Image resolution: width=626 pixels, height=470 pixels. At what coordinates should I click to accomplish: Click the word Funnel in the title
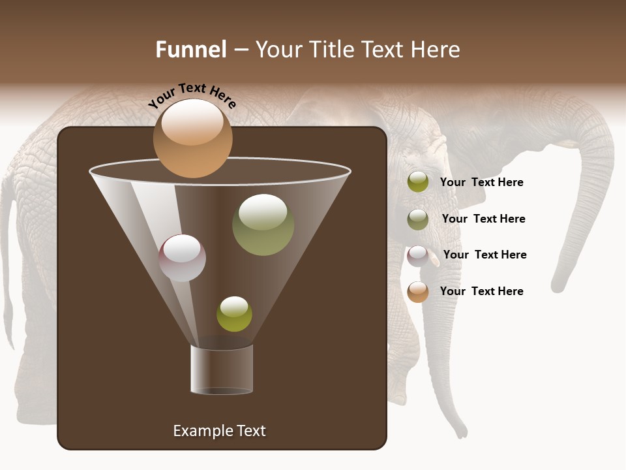click(190, 50)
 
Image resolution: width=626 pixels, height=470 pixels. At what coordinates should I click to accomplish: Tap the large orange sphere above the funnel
click(192, 138)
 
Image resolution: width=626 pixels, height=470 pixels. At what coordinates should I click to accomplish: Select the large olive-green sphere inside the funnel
click(263, 225)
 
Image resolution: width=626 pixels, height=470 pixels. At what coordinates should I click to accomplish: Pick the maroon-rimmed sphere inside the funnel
click(182, 258)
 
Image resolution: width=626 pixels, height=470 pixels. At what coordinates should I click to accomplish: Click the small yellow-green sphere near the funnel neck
click(234, 314)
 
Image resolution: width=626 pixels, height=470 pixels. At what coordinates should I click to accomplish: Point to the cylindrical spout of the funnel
click(222, 369)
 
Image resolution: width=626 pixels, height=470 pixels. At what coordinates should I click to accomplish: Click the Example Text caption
click(220, 431)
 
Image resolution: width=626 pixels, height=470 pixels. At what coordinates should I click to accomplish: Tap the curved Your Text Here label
click(192, 95)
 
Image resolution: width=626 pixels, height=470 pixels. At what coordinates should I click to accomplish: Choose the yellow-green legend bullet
click(418, 182)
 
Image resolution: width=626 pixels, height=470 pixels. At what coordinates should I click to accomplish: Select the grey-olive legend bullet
click(418, 219)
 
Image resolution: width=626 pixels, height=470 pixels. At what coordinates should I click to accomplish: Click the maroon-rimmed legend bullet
click(418, 256)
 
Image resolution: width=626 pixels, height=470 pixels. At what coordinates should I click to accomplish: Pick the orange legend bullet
click(418, 292)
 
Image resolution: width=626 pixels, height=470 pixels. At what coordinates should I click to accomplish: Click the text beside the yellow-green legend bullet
click(481, 182)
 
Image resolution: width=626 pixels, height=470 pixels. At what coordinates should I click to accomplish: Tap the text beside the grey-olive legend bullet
click(483, 219)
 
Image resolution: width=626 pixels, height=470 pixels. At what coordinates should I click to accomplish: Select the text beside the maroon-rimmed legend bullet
click(484, 255)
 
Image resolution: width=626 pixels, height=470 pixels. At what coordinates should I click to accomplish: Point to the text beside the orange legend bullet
click(481, 291)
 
